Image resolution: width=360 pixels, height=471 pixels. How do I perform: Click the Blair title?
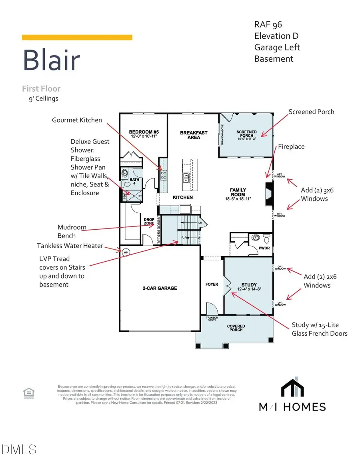click(x=51, y=60)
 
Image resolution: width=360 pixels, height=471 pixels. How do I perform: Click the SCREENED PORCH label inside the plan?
click(x=246, y=134)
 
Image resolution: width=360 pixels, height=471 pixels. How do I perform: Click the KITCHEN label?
click(x=183, y=197)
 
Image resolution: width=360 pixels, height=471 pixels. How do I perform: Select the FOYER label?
click(x=212, y=285)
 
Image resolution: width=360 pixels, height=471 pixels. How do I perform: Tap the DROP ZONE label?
click(x=149, y=221)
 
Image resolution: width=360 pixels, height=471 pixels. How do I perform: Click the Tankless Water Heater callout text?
click(x=70, y=246)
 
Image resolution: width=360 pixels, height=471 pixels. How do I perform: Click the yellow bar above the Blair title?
click(x=77, y=37)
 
